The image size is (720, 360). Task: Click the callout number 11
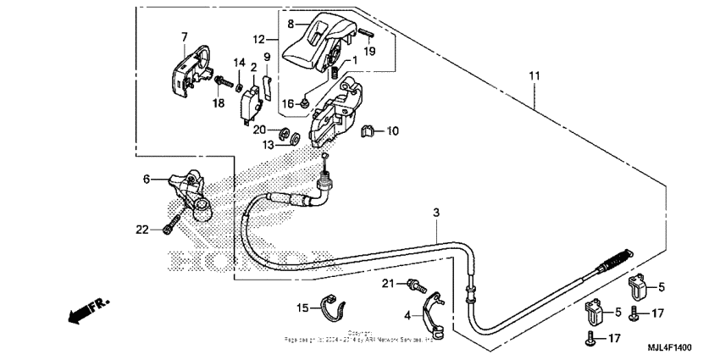[534, 77]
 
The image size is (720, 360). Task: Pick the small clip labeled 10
[368, 131]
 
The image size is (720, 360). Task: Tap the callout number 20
[260, 130]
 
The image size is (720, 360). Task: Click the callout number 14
[239, 64]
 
